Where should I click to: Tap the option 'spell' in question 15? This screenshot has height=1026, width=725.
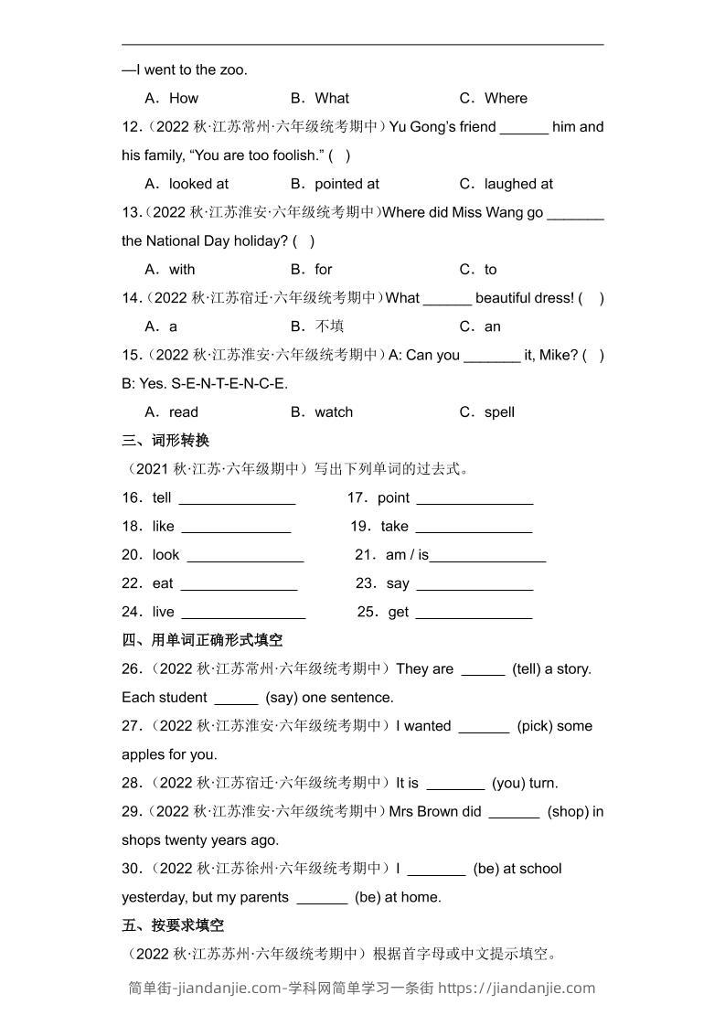click(499, 412)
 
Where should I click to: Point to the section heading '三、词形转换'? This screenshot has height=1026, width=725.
click(165, 441)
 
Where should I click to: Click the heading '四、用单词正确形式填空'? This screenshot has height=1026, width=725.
click(202, 640)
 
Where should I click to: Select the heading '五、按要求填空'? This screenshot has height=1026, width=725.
click(173, 925)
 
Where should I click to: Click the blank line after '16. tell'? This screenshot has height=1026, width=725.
click(237, 499)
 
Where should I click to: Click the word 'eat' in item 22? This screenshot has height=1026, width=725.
click(163, 583)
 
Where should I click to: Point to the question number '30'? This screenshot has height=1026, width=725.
click(131, 869)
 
